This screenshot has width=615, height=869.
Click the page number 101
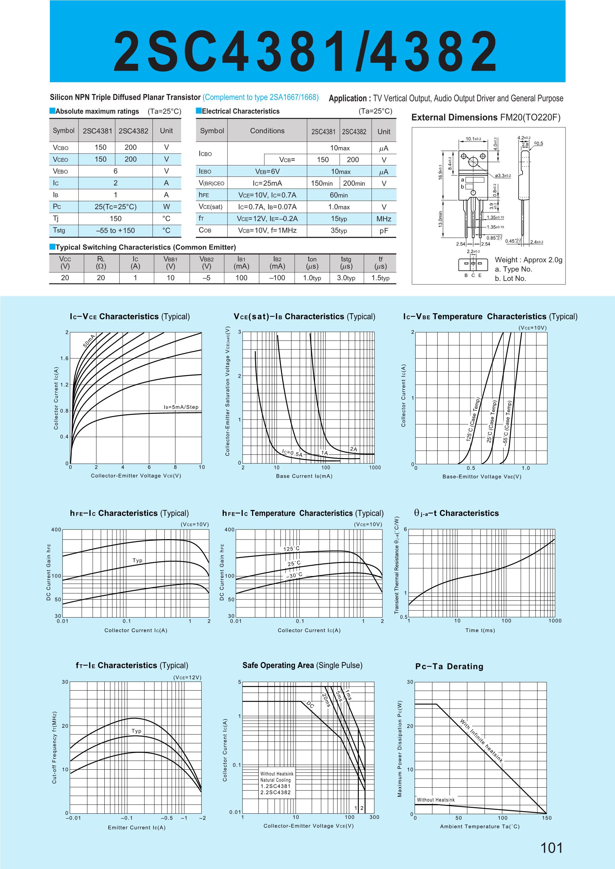pyautogui.click(x=552, y=847)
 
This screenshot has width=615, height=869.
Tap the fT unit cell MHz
pyautogui.click(x=384, y=219)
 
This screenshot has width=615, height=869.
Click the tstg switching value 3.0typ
pyautogui.click(x=346, y=278)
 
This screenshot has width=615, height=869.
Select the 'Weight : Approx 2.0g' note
pyautogui.click(x=528, y=260)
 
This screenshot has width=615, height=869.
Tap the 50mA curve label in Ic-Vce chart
pyautogui.click(x=89, y=341)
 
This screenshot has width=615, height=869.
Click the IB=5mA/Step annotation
pyautogui.click(x=181, y=407)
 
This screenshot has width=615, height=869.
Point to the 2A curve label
pyautogui.click(x=353, y=449)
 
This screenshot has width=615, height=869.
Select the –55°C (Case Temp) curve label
pyautogui.click(x=507, y=424)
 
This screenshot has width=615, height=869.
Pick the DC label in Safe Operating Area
pyautogui.click(x=310, y=705)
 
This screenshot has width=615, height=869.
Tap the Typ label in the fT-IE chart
pyautogui.click(x=136, y=731)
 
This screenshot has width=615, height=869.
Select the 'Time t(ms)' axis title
pyautogui.click(x=480, y=630)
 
